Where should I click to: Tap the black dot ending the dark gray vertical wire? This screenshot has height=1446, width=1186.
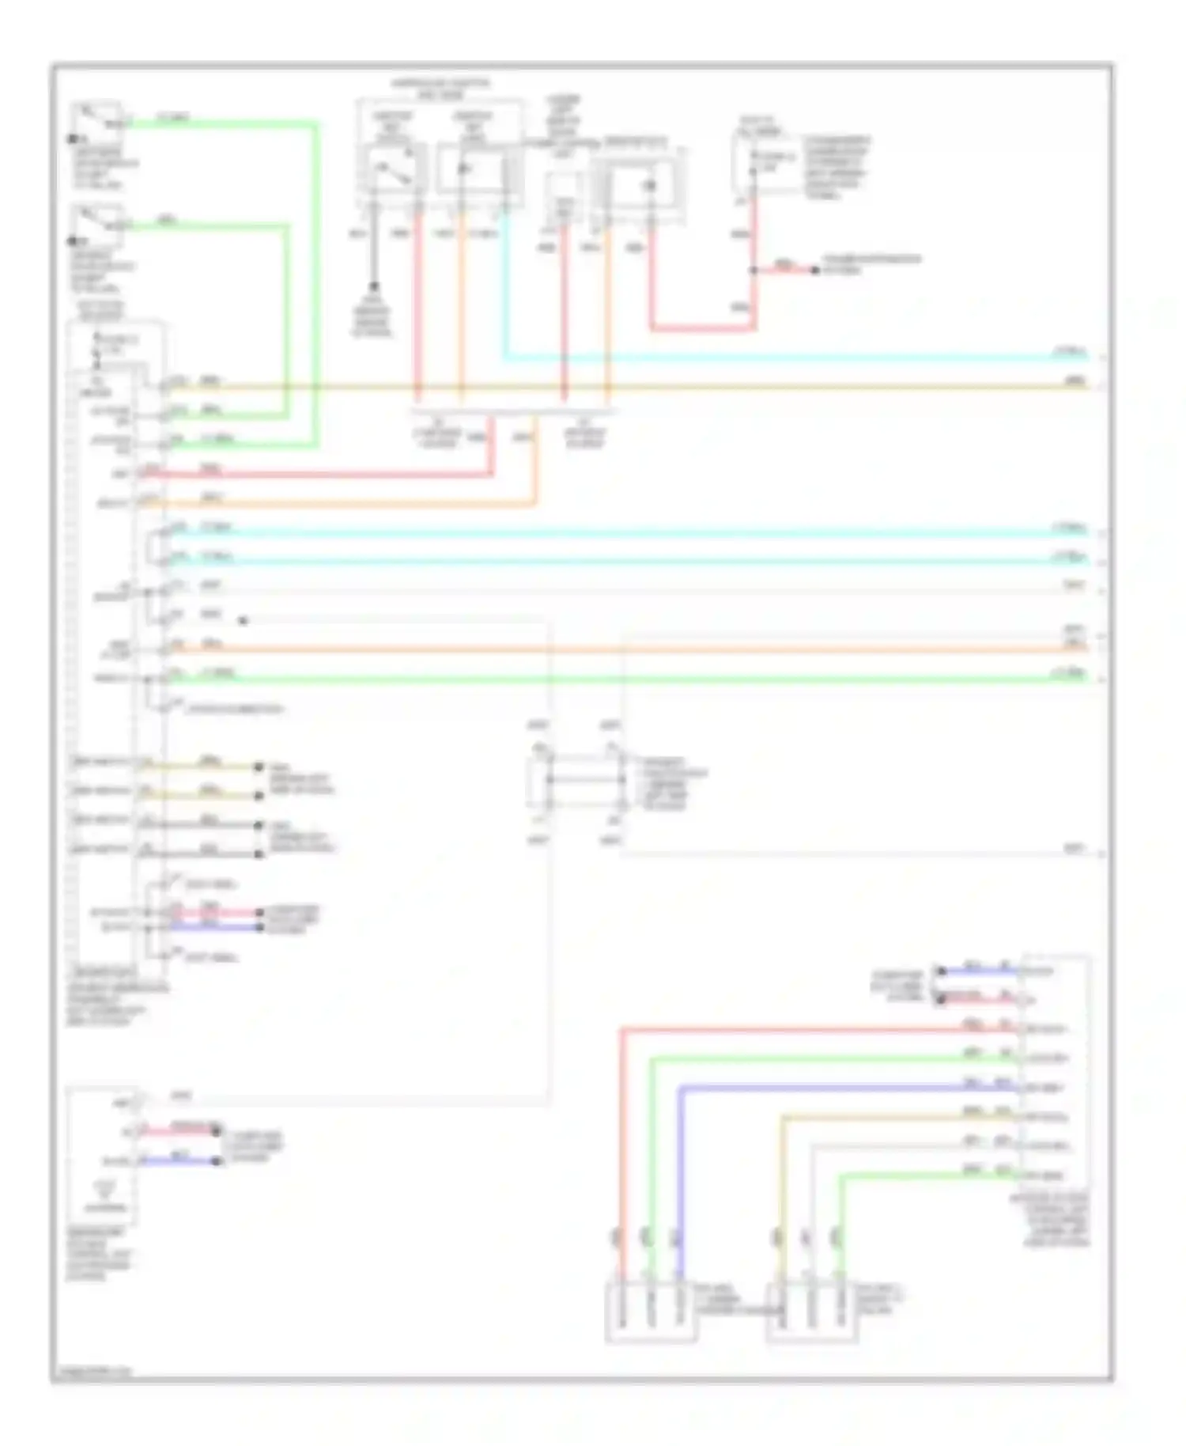tap(373, 286)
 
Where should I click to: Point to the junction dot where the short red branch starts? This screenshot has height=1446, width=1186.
tap(754, 271)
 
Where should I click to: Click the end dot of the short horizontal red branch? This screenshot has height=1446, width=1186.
tap(815, 271)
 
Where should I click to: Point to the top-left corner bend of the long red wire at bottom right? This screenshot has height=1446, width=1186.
tap(622, 1030)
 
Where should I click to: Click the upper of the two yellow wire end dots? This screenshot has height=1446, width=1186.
tap(258, 767)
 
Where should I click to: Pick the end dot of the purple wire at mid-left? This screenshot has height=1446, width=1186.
tap(259, 926)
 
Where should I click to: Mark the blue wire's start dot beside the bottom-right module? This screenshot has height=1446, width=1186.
tap(941, 971)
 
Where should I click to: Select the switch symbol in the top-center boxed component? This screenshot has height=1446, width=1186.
tap(392, 172)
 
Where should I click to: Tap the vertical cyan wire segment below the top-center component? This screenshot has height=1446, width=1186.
tap(504, 285)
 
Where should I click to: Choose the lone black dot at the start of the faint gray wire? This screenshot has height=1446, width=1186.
tap(243, 621)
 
